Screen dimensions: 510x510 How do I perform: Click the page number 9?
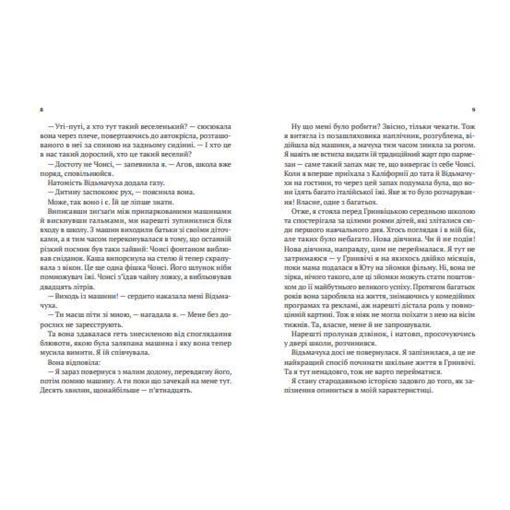(x=473, y=109)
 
